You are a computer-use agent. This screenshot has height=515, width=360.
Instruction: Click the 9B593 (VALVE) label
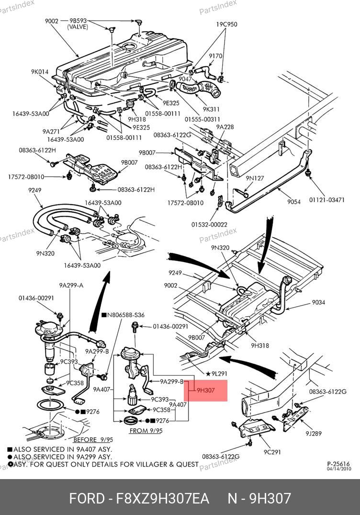(x=78, y=24)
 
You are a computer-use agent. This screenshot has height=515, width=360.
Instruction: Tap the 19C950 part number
(x=226, y=24)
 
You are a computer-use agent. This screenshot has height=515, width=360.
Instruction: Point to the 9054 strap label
(x=294, y=202)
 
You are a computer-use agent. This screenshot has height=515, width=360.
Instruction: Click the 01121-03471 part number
(x=326, y=200)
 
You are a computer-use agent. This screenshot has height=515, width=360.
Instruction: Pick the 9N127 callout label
(x=255, y=178)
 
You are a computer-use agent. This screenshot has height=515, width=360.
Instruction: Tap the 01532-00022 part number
(x=209, y=224)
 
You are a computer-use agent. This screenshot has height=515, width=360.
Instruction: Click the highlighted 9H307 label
(x=206, y=390)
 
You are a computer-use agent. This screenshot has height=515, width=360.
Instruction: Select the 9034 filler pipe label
(x=318, y=302)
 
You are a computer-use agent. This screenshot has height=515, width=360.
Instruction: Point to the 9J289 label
(x=314, y=434)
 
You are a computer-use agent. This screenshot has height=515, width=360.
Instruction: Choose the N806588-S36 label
(x=125, y=315)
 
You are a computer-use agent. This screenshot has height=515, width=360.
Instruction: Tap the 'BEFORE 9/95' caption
(x=93, y=439)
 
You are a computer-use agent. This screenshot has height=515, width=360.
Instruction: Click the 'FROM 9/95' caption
(x=146, y=431)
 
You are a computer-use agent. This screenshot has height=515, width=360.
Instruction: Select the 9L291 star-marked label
(x=218, y=373)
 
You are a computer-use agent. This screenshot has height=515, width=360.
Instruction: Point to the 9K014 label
(x=40, y=72)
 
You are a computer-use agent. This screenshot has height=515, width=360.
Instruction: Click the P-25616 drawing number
(x=339, y=464)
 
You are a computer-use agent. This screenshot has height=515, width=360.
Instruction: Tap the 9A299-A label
(x=71, y=286)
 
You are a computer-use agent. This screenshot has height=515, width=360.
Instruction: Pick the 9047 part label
(x=185, y=79)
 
